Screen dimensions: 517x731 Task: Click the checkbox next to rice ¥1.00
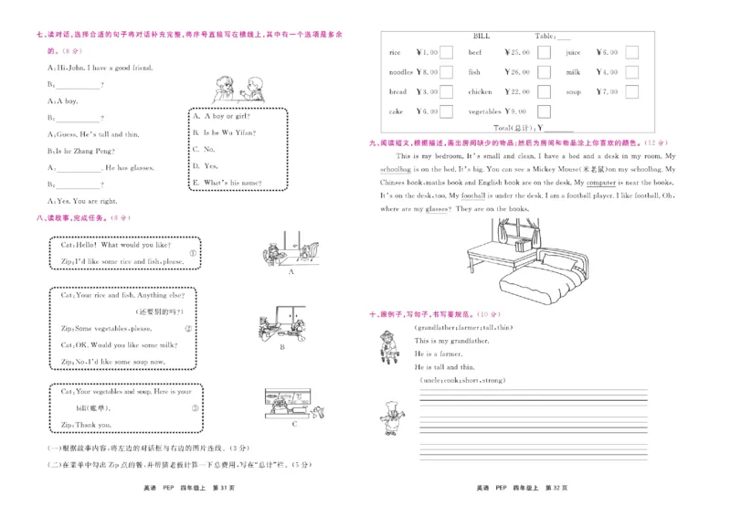click(x=446, y=52)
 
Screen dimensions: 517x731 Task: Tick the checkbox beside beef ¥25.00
click(x=544, y=52)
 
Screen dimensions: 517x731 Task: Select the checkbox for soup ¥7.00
click(x=631, y=91)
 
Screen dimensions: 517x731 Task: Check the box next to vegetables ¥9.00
click(x=544, y=111)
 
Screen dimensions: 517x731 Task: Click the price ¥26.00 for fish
click(x=516, y=72)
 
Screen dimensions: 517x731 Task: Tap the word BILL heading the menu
click(x=481, y=36)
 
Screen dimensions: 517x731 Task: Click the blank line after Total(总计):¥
click(x=558, y=129)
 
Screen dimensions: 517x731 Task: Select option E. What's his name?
click(x=228, y=183)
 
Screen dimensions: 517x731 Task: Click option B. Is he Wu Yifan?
click(x=224, y=132)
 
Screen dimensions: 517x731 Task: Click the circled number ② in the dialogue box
click(x=188, y=329)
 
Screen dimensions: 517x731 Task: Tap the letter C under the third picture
click(x=293, y=424)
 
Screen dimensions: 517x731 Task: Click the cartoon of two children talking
click(x=239, y=90)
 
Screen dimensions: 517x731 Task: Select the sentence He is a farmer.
click(x=439, y=353)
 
